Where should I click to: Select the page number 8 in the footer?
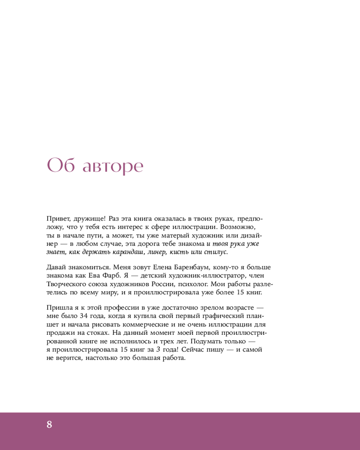click(x=49, y=424)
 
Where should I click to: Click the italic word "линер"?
click(x=157, y=252)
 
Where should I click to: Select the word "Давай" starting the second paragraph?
click(x=57, y=267)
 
